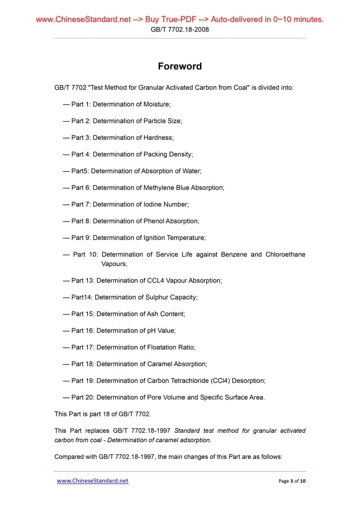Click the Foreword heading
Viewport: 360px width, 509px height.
(180, 66)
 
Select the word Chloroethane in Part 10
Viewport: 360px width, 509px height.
(285, 254)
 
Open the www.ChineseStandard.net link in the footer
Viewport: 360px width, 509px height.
(92, 481)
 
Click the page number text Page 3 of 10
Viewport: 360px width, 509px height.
(292, 481)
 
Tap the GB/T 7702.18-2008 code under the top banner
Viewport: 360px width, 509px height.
(180, 30)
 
